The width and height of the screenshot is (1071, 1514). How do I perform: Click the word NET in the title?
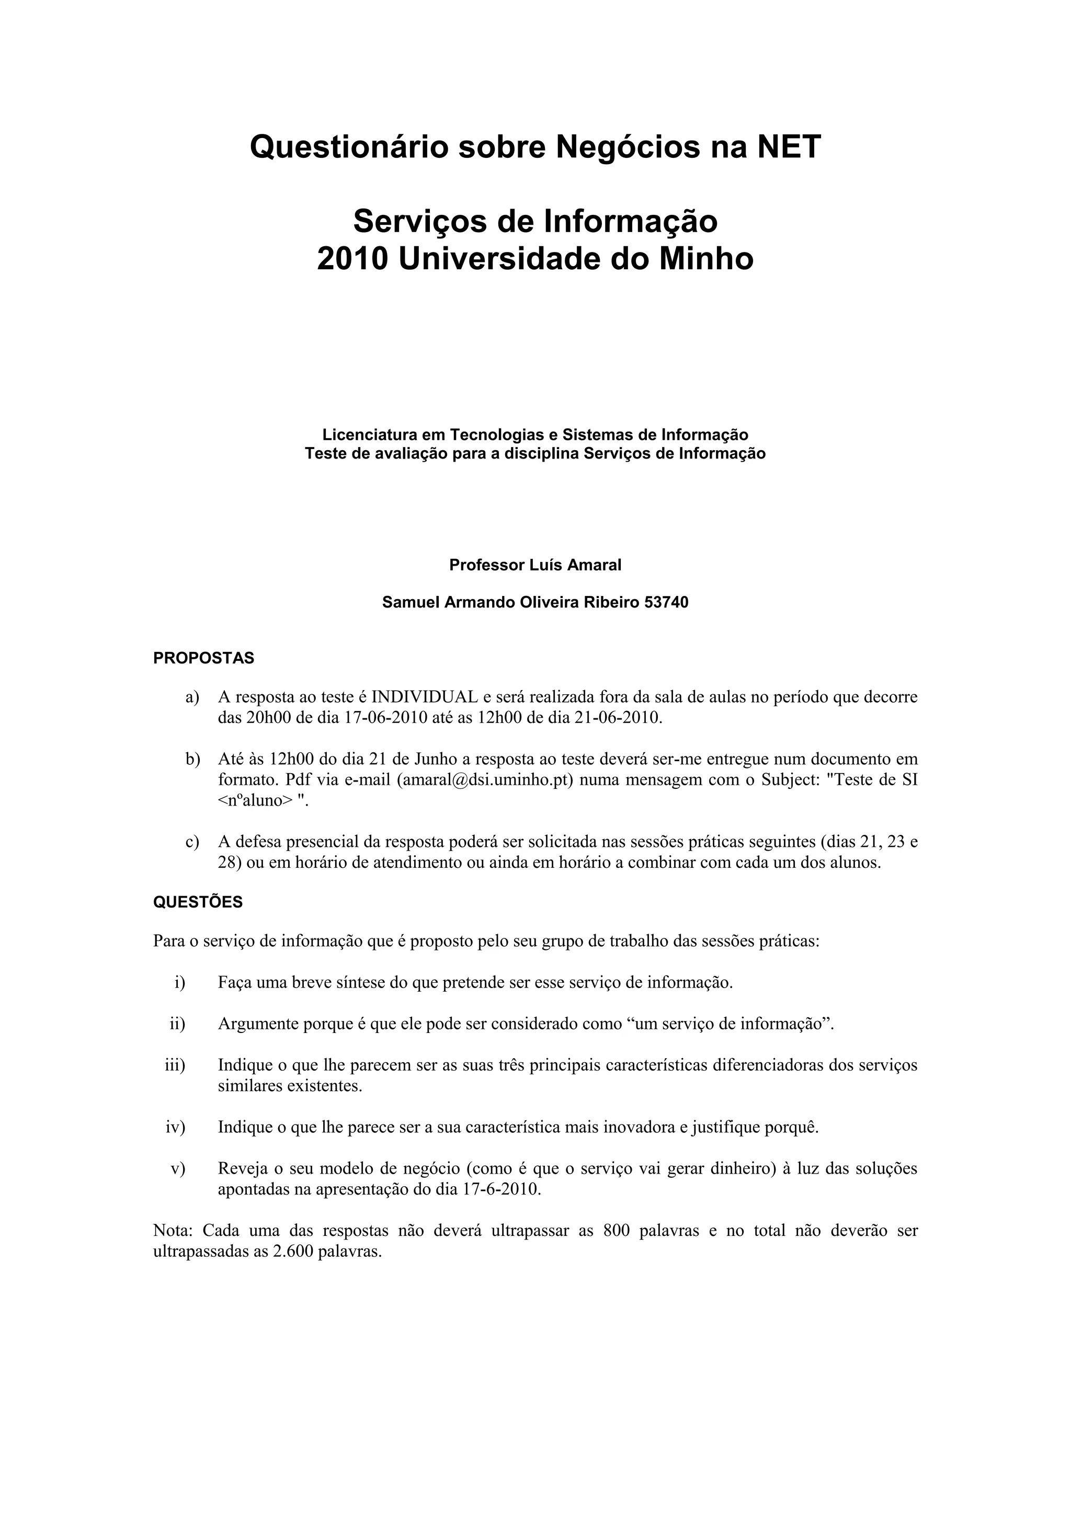pos(789,146)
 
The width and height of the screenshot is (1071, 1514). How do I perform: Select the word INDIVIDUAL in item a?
pos(425,697)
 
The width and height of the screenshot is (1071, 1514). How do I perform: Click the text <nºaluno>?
pos(255,800)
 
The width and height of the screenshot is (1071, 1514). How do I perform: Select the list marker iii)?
pos(175,1064)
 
